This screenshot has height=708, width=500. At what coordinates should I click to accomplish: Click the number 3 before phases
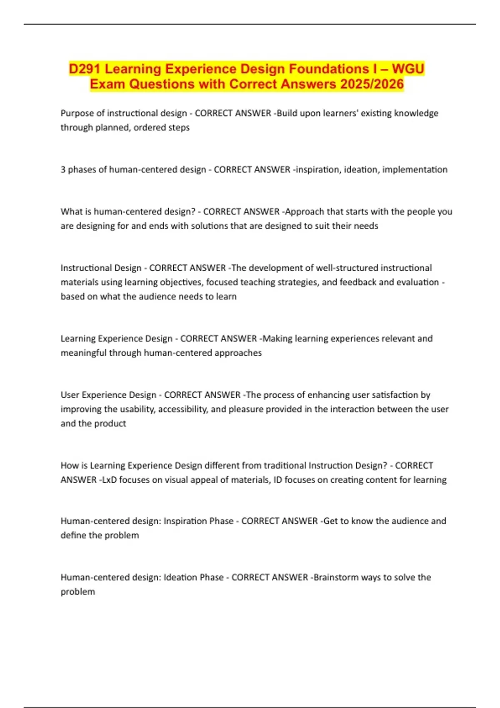pyautogui.click(x=63, y=170)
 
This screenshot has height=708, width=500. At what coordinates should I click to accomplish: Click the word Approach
pyautogui.click(x=305, y=212)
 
